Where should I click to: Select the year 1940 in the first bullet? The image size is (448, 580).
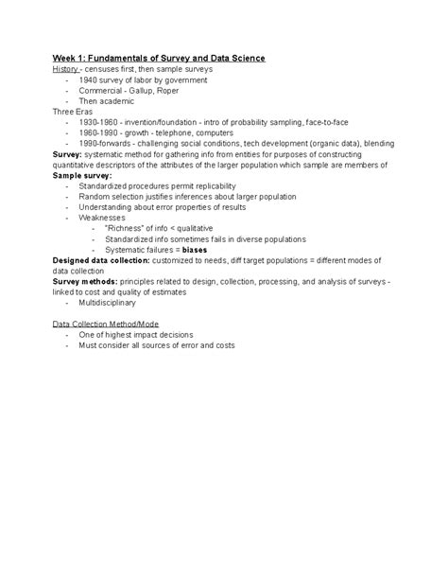click(x=91, y=80)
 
